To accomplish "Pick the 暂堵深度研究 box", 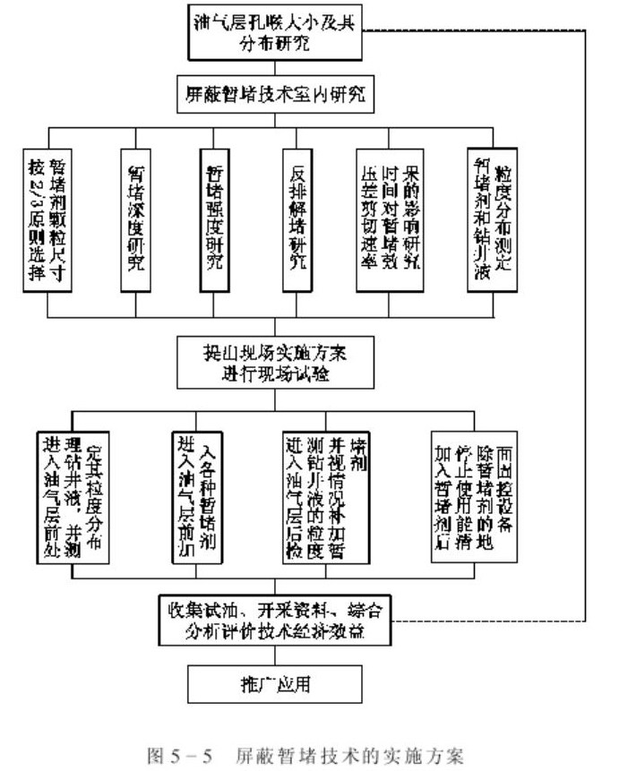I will tap(136, 219).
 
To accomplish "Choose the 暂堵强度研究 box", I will tap(215, 219).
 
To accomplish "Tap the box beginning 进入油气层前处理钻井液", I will tap(74, 497).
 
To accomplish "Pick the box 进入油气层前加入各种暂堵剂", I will tap(199, 497).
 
